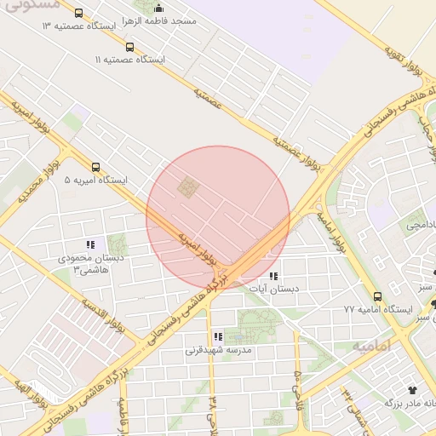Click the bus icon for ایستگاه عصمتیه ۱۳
tap(79, 14)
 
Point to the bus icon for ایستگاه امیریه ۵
tap(95, 167)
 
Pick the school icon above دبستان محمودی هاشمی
tap(90, 244)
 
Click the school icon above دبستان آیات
tap(273, 276)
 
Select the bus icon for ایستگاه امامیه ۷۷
tap(377, 296)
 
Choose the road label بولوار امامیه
tap(331, 230)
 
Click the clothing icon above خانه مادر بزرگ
tap(415, 388)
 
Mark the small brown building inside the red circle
tap(186, 185)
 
